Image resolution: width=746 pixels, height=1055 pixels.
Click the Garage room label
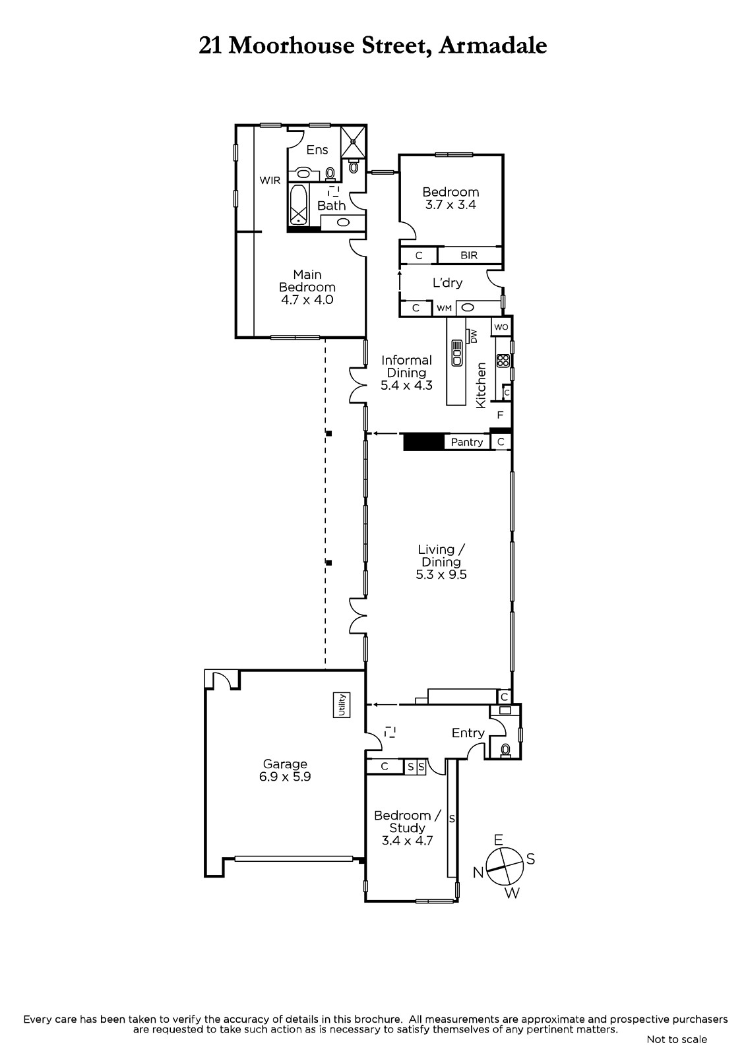(x=285, y=764)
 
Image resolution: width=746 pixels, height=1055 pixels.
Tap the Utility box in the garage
(x=341, y=705)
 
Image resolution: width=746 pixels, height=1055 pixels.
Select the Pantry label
(x=466, y=442)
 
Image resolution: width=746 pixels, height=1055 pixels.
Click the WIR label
(x=270, y=180)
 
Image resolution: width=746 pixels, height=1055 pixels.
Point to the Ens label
(x=317, y=150)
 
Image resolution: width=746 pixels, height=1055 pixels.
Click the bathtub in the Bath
(x=298, y=204)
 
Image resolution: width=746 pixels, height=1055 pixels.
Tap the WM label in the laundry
(x=444, y=309)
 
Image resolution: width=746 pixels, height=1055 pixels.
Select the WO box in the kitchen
(x=501, y=327)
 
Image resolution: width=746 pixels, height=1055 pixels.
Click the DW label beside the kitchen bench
(x=474, y=336)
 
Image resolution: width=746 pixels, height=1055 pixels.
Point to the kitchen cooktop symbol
(x=503, y=361)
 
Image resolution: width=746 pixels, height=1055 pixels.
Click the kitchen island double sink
(x=457, y=353)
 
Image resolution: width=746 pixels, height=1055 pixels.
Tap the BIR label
(x=469, y=255)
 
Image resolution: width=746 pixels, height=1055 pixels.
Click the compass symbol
(x=505, y=866)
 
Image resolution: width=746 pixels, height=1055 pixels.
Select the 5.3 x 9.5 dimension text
(x=441, y=574)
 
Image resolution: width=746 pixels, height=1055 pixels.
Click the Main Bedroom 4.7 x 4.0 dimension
(x=307, y=299)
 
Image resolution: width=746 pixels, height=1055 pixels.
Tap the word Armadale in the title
(x=493, y=46)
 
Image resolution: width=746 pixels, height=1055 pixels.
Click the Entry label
(x=468, y=733)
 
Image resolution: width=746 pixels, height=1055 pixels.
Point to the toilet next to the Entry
(x=505, y=749)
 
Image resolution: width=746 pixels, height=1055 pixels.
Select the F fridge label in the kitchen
(x=501, y=415)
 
